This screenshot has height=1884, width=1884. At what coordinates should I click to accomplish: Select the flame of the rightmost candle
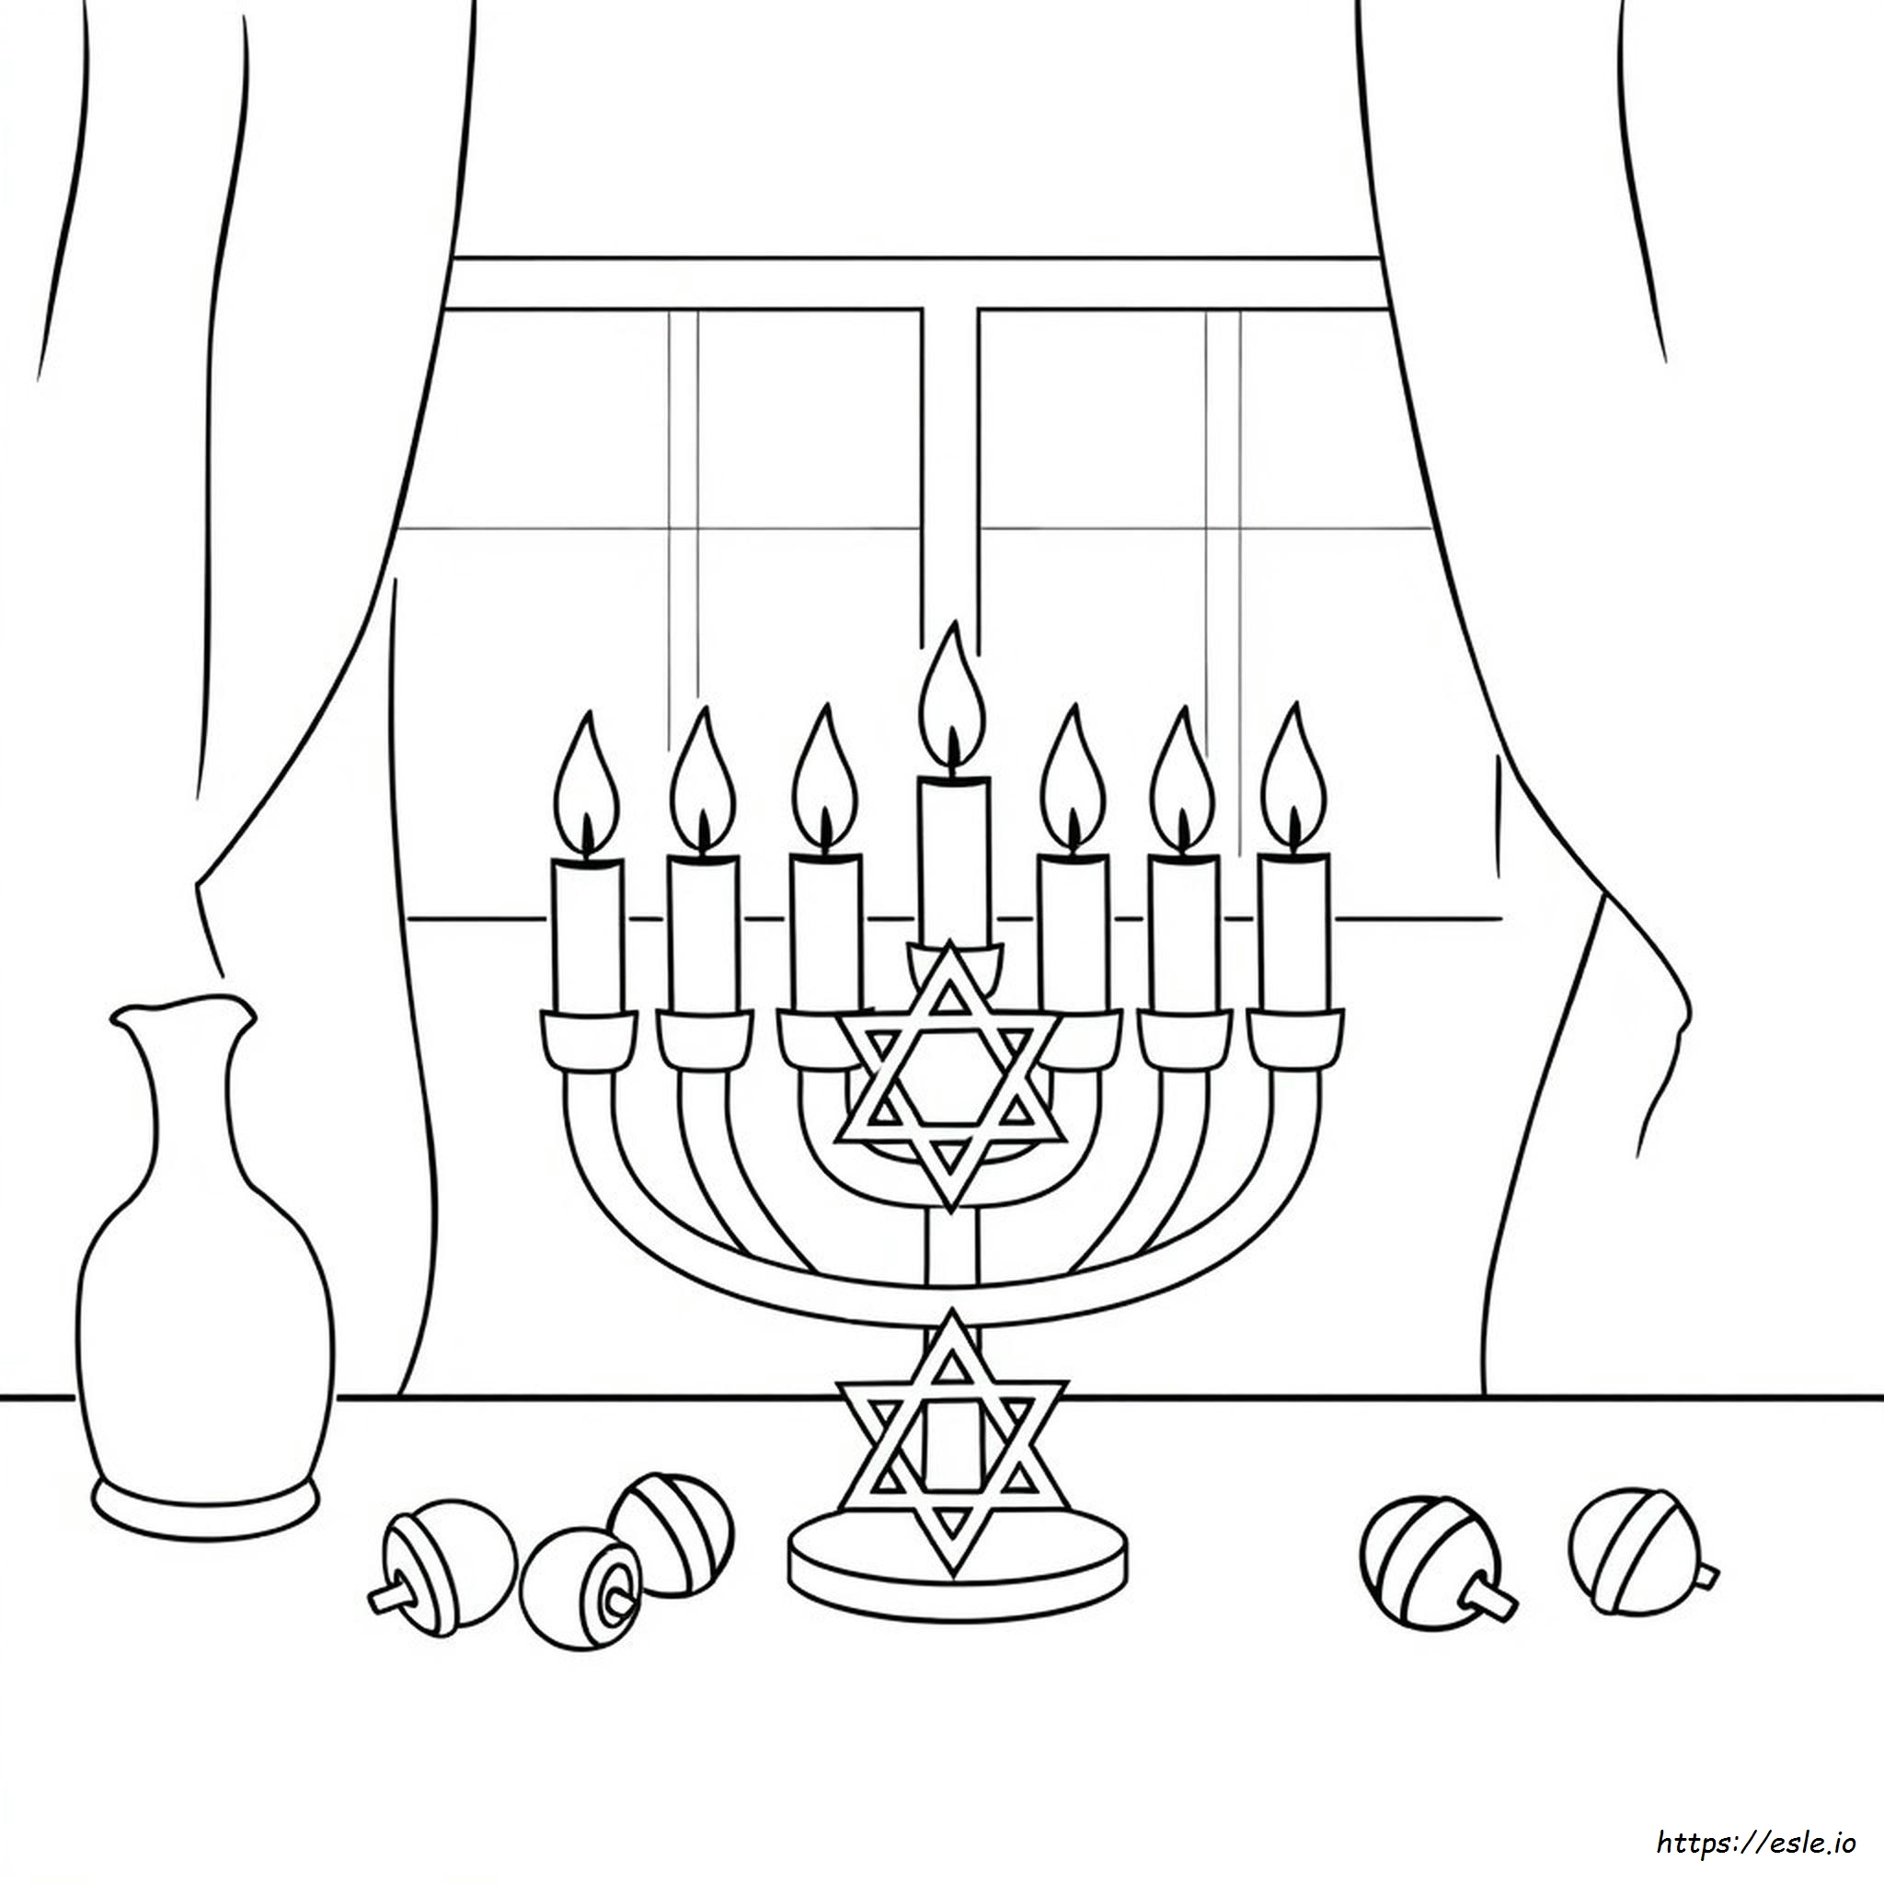point(1293,780)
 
